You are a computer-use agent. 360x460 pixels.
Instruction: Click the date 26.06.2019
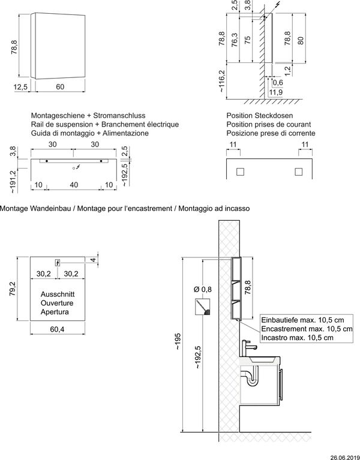[345, 458]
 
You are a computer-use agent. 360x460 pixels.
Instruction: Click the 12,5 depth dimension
[20, 87]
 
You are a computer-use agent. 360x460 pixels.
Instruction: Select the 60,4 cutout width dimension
[57, 329]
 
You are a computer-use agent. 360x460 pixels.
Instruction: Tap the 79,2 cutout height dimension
[13, 288]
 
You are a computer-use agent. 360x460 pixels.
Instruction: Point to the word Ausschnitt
[58, 294]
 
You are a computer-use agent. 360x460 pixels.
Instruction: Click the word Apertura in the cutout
[55, 312]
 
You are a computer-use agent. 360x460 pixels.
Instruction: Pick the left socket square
[240, 172]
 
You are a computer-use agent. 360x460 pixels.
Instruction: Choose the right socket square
[298, 172]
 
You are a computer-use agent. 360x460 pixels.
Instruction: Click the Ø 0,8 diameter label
[202, 290]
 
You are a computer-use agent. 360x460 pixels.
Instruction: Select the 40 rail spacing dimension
[74, 185]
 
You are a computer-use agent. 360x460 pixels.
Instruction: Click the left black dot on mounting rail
[47, 161]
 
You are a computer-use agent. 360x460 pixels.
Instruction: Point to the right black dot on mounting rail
[101, 161]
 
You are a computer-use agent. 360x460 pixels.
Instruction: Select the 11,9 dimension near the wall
[276, 93]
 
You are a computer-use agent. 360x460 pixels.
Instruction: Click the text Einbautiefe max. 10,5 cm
[303, 320]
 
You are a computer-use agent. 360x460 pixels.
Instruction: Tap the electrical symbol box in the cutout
[58, 263]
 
